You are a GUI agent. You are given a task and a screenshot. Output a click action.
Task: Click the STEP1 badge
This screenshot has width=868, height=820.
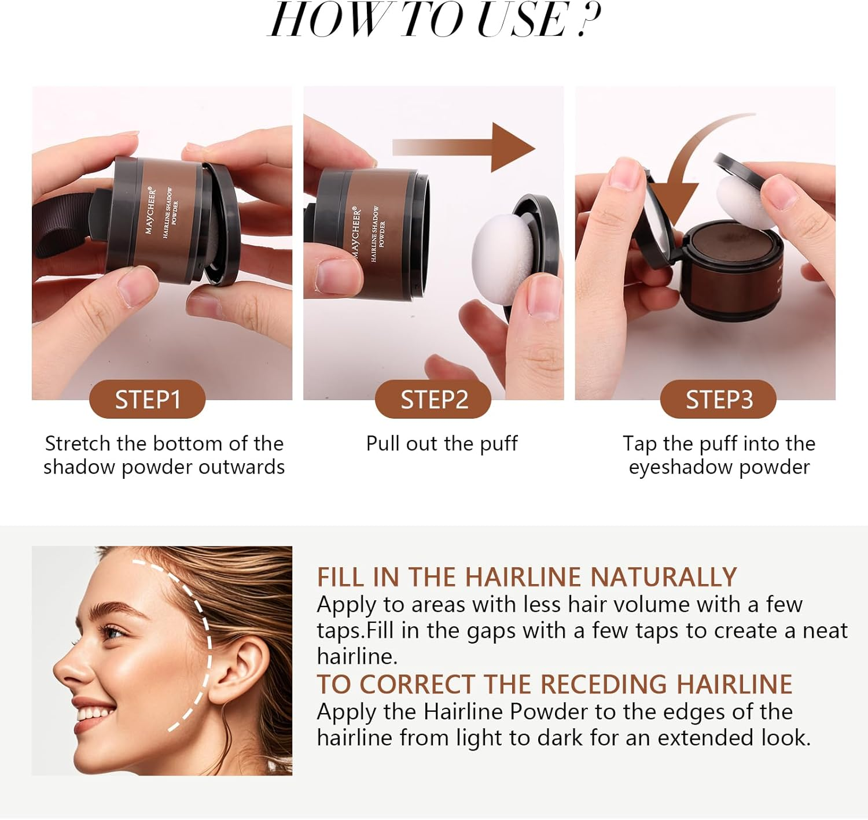pos(148,400)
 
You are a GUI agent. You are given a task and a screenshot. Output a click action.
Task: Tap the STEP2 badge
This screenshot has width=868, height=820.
pos(433,400)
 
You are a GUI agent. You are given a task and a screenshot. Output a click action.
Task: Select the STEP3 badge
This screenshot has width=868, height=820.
pos(718,400)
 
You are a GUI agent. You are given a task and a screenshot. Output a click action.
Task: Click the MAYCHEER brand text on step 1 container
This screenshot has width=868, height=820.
pos(150,210)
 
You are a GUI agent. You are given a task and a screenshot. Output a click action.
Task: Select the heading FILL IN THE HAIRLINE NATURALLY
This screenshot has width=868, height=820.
pos(527,577)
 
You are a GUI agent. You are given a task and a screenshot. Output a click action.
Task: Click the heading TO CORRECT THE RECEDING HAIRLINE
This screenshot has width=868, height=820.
pos(554,684)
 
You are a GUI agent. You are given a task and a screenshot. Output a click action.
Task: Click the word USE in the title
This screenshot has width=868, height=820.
pos(521,20)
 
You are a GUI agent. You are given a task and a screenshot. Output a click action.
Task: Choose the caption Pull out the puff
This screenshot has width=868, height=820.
pos(442,444)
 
